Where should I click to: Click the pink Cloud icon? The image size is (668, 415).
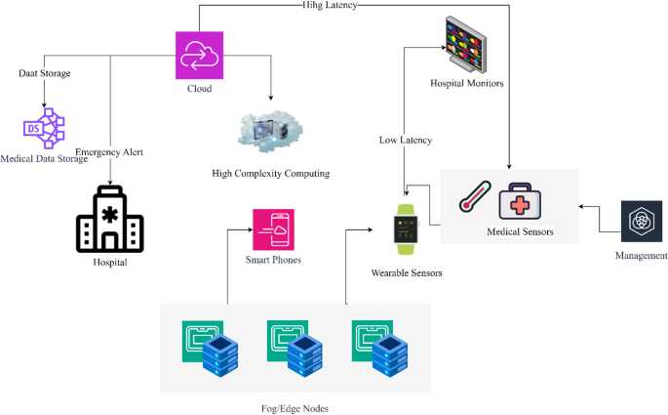[x=199, y=56]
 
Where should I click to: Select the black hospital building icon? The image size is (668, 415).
[x=110, y=219]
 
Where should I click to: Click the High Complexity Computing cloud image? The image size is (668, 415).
[x=270, y=132]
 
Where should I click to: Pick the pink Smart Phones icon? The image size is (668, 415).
[x=273, y=229]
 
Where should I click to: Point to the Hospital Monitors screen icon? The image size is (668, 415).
[x=466, y=45]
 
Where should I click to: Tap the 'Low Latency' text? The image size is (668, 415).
[x=405, y=140]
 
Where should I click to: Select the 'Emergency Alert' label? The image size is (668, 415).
[x=109, y=152]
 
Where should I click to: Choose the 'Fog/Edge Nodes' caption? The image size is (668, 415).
[x=289, y=407]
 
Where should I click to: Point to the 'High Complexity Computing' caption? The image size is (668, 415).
[x=270, y=173]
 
